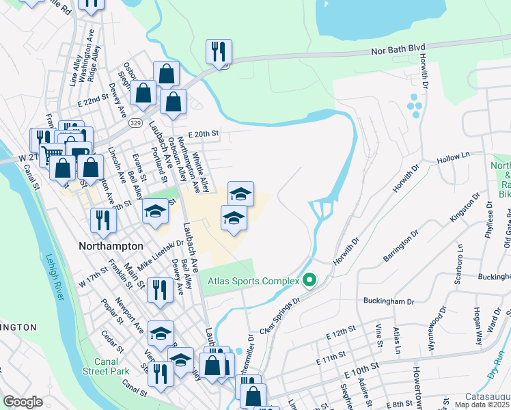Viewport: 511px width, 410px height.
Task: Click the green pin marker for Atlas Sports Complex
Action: (309, 280)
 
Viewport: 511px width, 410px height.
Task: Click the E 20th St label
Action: (202, 134)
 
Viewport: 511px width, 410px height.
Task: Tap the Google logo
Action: (23, 402)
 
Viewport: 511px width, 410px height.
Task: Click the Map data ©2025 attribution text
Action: (482, 405)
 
